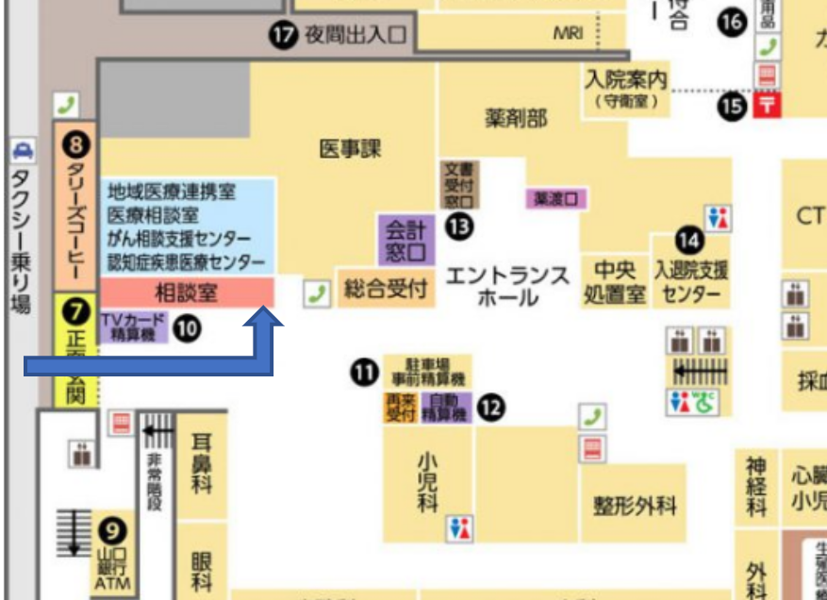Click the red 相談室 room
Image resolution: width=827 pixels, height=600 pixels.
[187, 292]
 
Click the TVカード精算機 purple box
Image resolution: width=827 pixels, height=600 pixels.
[133, 327]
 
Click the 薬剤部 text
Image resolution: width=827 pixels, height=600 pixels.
[516, 118]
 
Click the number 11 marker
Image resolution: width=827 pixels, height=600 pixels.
[364, 374]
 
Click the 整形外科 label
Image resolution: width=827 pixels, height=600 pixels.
[635, 506]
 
